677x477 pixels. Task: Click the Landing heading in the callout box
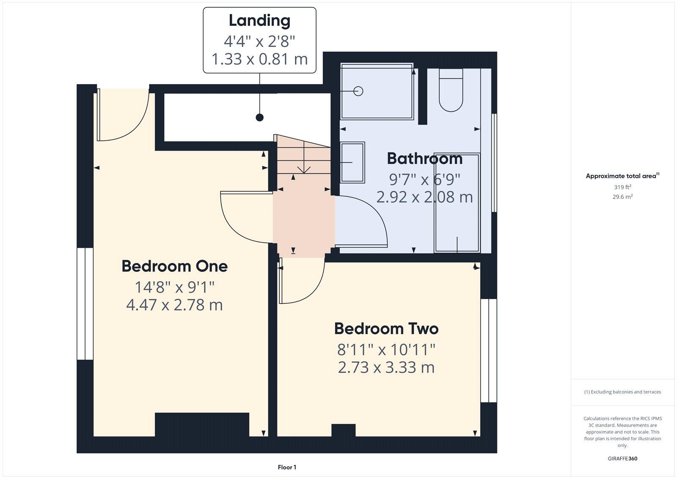point(259,20)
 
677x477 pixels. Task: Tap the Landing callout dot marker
point(260,118)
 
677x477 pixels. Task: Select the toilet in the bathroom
point(451,91)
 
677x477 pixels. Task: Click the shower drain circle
point(358,91)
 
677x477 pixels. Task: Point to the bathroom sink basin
point(352,162)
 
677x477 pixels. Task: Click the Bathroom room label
point(424,159)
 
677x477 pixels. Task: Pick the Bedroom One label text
point(174,266)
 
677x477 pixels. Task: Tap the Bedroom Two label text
point(386,329)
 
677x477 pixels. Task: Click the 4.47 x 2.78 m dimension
point(174,305)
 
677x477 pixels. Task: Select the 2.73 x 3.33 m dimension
point(386,367)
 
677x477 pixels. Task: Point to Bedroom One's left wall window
point(85,304)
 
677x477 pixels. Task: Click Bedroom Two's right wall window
point(488,351)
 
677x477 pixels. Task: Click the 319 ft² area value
point(622,187)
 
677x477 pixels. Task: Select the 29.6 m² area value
point(622,197)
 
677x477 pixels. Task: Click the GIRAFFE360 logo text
point(622,458)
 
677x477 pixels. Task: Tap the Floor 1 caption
point(287,467)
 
